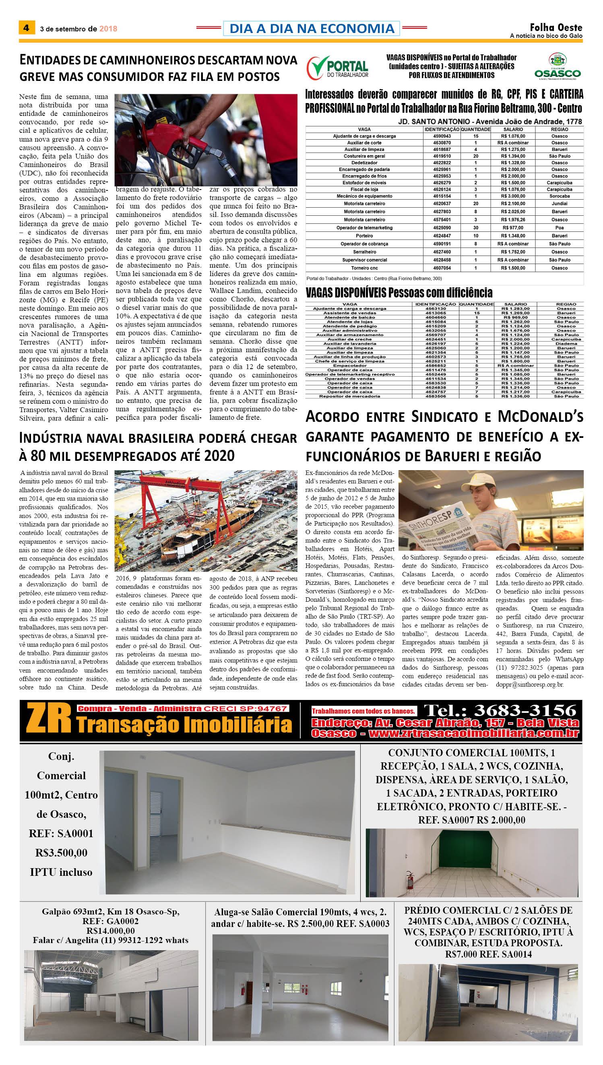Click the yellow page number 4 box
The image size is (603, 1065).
(x=27, y=28)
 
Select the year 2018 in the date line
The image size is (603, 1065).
(x=108, y=29)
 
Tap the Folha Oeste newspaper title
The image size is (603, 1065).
(x=556, y=27)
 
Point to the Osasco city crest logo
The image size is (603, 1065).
(x=558, y=60)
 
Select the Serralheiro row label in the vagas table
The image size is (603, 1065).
(x=364, y=252)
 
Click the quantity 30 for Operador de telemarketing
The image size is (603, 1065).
(x=475, y=228)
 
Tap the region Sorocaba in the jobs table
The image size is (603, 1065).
(x=559, y=196)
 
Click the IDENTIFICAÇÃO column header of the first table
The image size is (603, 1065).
(x=442, y=129)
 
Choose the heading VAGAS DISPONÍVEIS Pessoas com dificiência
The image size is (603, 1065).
(x=399, y=293)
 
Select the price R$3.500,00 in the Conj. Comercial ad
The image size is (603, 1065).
(x=61, y=852)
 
